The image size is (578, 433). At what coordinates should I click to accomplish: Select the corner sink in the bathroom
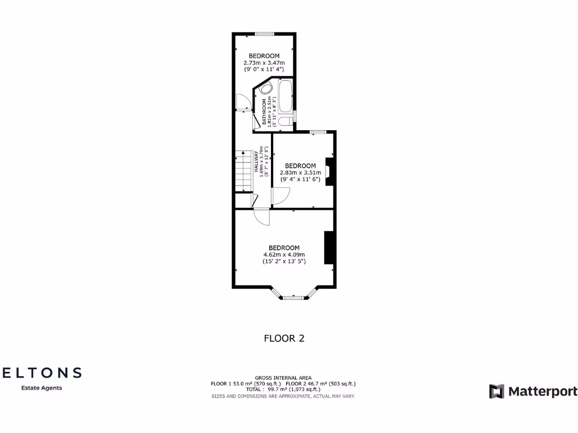[x=266, y=89]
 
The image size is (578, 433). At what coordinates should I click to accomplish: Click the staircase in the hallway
[x=243, y=171]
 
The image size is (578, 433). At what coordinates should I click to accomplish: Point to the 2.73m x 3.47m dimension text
[x=264, y=63]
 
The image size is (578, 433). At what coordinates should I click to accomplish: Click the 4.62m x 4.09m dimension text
[x=284, y=255]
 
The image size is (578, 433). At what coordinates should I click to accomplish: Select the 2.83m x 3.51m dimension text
[x=300, y=173]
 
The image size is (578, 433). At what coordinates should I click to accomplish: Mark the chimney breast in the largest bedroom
[x=330, y=247]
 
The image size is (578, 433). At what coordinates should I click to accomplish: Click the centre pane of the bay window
[x=293, y=297]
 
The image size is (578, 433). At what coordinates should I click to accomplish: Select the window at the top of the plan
[x=264, y=34]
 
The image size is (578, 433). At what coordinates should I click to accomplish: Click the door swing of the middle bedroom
[x=280, y=195]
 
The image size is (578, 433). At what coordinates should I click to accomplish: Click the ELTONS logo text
[x=42, y=373]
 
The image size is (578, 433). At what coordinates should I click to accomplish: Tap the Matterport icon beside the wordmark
[x=497, y=391]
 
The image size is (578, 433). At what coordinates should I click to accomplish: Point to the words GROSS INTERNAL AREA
[x=283, y=378]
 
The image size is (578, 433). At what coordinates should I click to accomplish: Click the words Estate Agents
[x=42, y=388]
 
